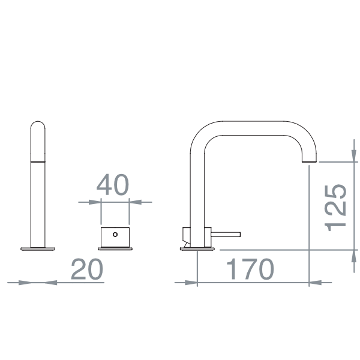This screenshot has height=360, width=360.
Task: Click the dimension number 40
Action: point(114,185)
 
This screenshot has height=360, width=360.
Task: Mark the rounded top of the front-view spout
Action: point(38,125)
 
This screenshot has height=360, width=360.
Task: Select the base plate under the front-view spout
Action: point(38,247)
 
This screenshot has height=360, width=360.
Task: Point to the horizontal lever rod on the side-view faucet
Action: point(226,234)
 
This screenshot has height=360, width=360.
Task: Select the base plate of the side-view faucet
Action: point(196,248)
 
